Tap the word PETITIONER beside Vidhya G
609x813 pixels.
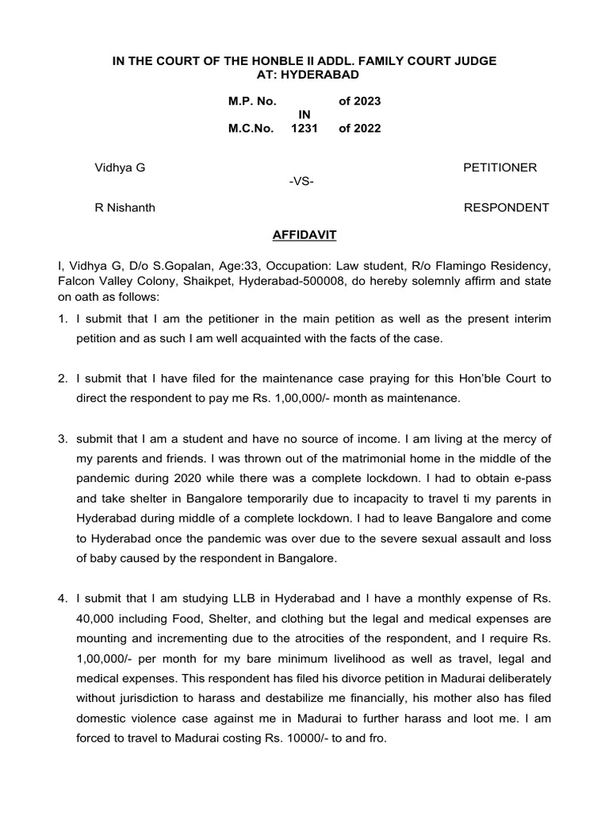pyautogui.click(x=500, y=168)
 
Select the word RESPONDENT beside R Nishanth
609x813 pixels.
pyautogui.click(x=506, y=208)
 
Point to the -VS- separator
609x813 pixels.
pyautogui.click(x=302, y=182)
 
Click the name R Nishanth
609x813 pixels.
pyautogui.click(x=124, y=208)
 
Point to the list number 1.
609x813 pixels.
pyautogui.click(x=61, y=318)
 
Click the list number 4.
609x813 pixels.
pyautogui.click(x=61, y=597)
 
